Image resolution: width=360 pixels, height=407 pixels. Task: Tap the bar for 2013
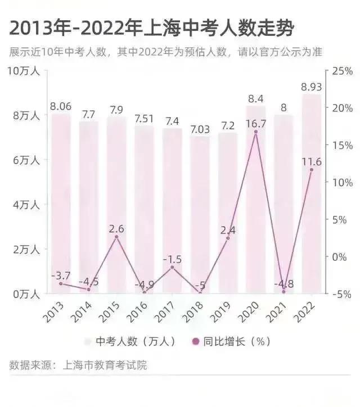61,202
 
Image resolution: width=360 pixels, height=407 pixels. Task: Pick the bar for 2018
200,214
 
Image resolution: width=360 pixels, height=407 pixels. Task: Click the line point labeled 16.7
256,132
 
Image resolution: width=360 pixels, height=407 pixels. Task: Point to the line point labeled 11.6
312,170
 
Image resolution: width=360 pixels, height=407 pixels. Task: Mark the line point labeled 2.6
116,237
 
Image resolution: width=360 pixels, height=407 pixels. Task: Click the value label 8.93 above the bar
312,87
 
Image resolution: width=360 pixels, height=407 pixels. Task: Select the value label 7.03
200,129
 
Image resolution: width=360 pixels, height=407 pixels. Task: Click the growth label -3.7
60,275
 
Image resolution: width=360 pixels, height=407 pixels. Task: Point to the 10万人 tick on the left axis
23,71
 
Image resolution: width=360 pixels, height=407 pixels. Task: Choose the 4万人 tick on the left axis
26,205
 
